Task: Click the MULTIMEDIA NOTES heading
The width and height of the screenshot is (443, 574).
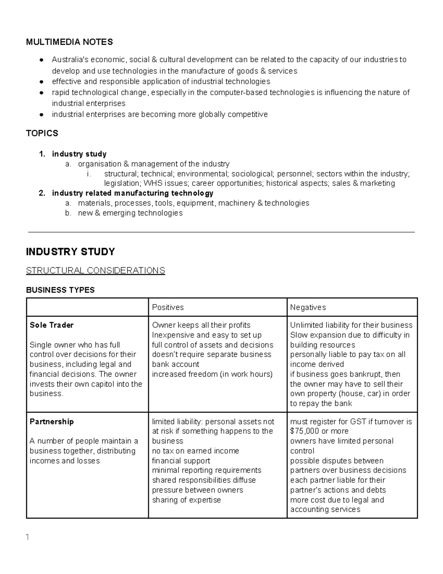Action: pos(69,42)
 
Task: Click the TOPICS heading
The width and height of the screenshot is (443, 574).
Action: pos(42,133)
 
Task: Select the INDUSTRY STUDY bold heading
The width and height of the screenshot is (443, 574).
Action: pos(70,252)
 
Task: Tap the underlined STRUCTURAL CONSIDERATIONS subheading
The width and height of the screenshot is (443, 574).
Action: pos(95,271)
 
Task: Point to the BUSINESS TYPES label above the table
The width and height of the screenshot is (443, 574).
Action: pos(60,290)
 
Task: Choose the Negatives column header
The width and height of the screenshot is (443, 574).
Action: pos(308,308)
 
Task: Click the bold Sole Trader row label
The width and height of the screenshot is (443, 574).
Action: pos(51,325)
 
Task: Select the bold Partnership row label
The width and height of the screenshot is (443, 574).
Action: pos(52,422)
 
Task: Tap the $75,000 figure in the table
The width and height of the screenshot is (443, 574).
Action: pos(305,431)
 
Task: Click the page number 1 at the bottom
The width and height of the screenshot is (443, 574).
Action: pos(28,537)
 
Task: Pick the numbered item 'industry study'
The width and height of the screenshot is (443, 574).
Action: pos(79,154)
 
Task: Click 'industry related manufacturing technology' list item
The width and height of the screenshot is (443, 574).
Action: pos(133,193)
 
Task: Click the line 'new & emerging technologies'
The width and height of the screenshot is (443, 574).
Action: pos(130,213)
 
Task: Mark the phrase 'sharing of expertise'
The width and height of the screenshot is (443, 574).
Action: pos(186,500)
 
